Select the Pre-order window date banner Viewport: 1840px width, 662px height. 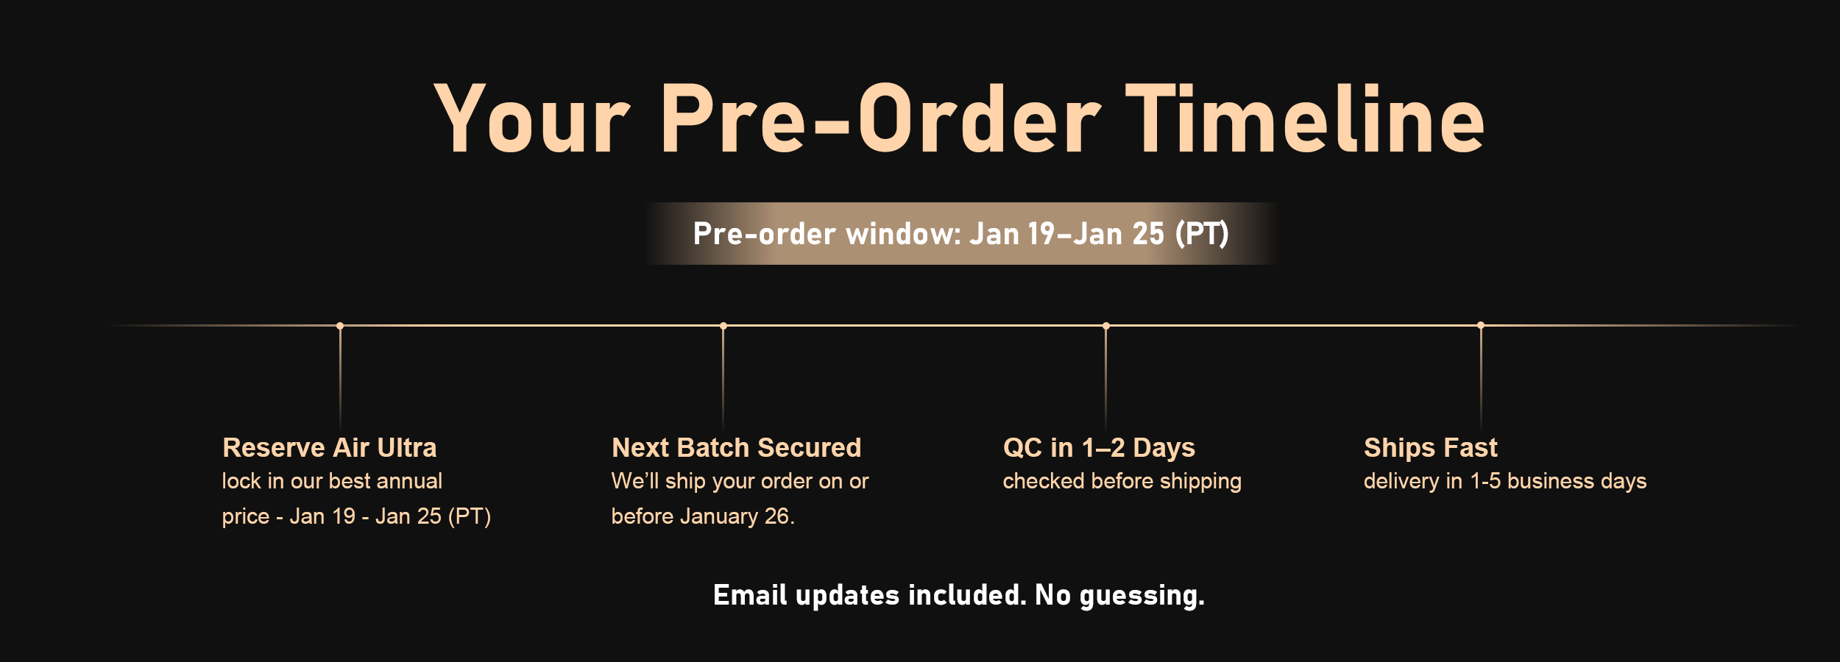960,233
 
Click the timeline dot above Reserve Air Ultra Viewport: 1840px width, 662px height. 340,325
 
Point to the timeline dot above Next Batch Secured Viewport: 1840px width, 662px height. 723,325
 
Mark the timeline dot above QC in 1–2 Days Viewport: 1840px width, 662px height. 1106,325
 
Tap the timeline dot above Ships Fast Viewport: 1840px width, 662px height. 1481,325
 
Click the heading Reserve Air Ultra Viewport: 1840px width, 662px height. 330,447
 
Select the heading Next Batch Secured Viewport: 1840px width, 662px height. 737,447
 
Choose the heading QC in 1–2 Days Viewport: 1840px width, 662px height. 1099,447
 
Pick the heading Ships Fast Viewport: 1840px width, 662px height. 1431,447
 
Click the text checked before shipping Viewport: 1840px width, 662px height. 1122,481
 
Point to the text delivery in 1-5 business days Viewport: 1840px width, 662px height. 1505,481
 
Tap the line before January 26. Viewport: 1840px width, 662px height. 703,516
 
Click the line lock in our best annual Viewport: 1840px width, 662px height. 332,481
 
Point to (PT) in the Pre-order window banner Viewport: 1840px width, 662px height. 1202,234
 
